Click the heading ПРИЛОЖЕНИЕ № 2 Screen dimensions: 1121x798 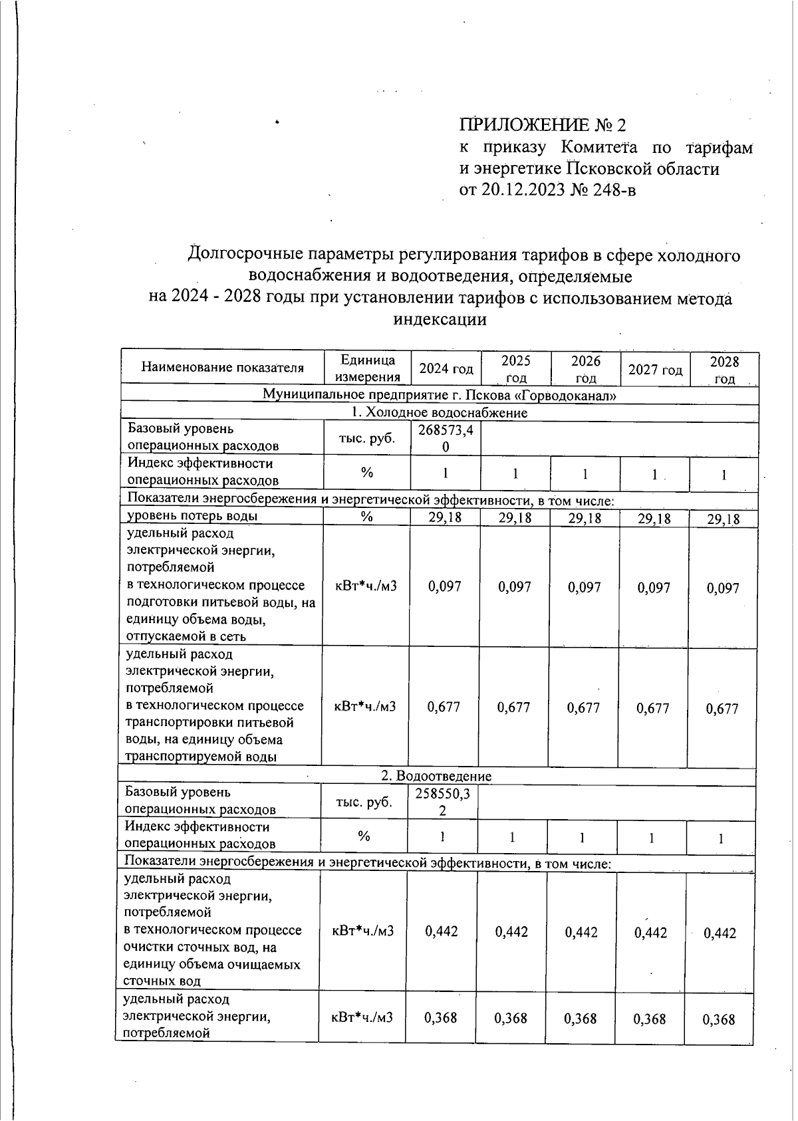pyautogui.click(x=543, y=125)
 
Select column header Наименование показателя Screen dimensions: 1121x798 pyautogui.click(x=222, y=368)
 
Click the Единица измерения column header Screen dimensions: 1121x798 pyautogui.click(x=367, y=368)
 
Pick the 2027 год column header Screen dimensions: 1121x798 pyautogui.click(x=655, y=370)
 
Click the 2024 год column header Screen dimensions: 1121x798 pyautogui.click(x=446, y=369)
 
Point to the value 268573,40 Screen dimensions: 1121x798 pyautogui.click(x=446, y=438)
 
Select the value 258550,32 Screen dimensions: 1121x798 pyautogui.click(x=442, y=801)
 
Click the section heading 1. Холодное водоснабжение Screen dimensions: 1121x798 pyautogui.click(x=439, y=413)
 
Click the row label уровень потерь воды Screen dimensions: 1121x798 pyautogui.click(x=193, y=515)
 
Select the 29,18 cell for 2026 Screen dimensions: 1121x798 pyautogui.click(x=585, y=518)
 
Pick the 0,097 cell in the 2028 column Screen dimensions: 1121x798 pyautogui.click(x=723, y=588)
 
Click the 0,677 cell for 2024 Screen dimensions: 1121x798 pyautogui.click(x=444, y=707)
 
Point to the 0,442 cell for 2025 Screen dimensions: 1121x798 pyautogui.click(x=511, y=932)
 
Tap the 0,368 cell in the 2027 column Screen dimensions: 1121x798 pyautogui.click(x=650, y=1019)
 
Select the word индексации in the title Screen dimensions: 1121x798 pyautogui.click(x=440, y=320)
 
